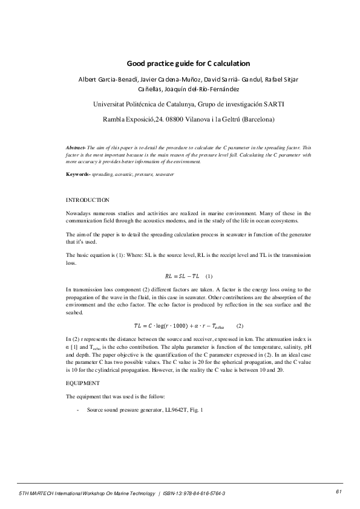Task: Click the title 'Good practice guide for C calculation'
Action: pyautogui.click(x=188, y=63)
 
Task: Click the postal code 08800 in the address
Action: pyautogui.click(x=179, y=119)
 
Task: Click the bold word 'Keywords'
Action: pyautogui.click(x=79, y=174)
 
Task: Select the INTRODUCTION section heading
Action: pyautogui.click(x=87, y=199)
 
